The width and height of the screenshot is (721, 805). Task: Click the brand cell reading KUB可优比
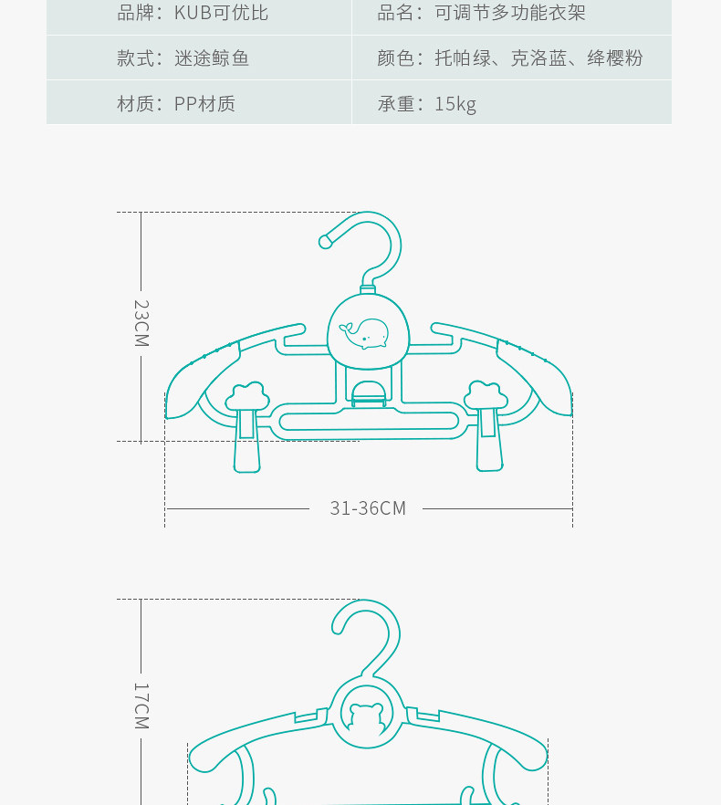(x=193, y=14)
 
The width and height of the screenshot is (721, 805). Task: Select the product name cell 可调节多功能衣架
(x=481, y=14)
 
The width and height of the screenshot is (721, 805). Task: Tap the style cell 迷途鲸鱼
(x=183, y=58)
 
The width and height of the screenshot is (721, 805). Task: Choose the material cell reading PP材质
(x=175, y=104)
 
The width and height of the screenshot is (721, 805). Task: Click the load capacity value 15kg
(x=455, y=104)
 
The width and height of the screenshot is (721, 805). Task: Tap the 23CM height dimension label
(x=141, y=323)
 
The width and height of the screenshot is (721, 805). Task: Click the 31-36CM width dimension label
(x=368, y=508)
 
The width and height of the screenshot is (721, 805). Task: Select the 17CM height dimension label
(x=141, y=706)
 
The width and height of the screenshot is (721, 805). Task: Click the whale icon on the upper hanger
(x=365, y=333)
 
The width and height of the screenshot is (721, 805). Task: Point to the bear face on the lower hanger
(x=367, y=717)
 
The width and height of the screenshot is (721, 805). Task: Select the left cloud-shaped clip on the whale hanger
(x=247, y=398)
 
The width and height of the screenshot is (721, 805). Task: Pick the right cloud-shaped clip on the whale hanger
(x=486, y=396)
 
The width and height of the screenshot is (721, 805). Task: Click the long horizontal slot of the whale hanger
(x=368, y=422)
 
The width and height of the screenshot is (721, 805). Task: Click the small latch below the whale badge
(x=368, y=392)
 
